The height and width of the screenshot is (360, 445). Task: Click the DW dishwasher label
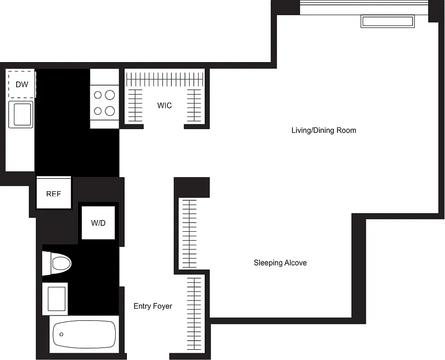21,84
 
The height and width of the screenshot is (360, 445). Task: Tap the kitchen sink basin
21,114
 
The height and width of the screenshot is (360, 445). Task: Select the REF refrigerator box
54,193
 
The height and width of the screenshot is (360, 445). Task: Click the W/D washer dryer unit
98,223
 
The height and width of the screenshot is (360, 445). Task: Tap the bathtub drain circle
62,334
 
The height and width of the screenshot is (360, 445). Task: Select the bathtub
84,334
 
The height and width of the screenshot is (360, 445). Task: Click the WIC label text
164,106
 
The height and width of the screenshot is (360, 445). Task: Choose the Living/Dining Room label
324,130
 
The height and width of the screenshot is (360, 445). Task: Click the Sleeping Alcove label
280,263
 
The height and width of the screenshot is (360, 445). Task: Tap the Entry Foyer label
153,306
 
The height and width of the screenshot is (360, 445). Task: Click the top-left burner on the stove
98,95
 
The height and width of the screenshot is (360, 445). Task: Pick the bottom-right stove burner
109,111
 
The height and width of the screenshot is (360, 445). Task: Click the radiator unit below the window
387,22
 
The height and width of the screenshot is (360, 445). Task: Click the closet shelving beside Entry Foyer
194,315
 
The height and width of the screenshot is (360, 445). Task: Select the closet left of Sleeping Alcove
189,233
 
